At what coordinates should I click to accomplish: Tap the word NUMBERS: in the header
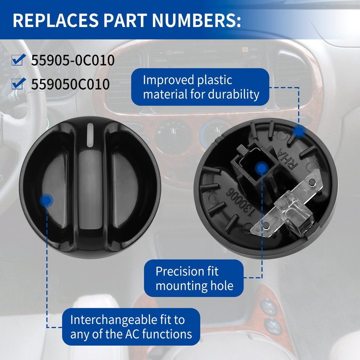(196, 20)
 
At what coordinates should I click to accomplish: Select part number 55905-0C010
(73, 60)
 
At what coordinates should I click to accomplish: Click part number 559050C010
(70, 84)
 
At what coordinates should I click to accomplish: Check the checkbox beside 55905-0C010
(18, 60)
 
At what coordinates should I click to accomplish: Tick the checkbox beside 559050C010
(18, 83)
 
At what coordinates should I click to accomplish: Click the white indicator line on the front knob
(90, 135)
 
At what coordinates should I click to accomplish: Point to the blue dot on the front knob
(46, 200)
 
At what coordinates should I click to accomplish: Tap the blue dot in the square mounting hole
(262, 168)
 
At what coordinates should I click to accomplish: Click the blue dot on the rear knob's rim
(299, 131)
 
